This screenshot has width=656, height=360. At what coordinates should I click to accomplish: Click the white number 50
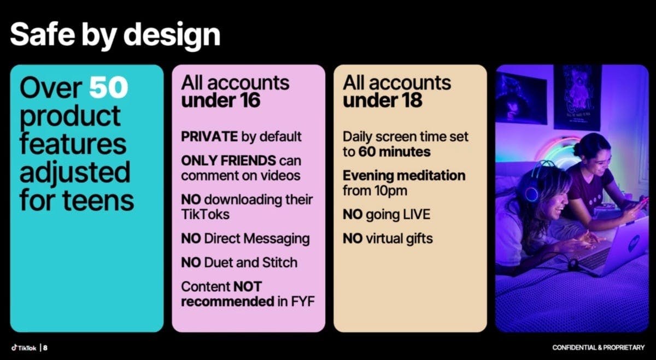(x=108, y=87)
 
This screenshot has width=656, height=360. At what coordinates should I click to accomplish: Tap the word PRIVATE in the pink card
(x=209, y=137)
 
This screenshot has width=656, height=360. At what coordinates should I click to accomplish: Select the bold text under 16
(x=220, y=100)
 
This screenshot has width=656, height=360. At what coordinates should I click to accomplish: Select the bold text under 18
(x=383, y=100)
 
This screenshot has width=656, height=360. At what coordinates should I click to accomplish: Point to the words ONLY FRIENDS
(x=229, y=161)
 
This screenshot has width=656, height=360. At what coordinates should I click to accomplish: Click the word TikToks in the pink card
(x=205, y=214)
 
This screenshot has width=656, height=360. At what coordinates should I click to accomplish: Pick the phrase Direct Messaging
(x=257, y=239)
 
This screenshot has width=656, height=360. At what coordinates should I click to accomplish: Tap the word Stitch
(x=280, y=262)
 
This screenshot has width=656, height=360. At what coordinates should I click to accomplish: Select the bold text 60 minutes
(x=395, y=152)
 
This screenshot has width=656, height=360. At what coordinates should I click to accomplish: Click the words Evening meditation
(x=404, y=175)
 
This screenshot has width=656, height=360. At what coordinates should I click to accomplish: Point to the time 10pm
(x=390, y=191)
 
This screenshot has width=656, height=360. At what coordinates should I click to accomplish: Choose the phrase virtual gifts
(x=399, y=239)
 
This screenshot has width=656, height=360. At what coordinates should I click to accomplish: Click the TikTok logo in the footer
(x=24, y=347)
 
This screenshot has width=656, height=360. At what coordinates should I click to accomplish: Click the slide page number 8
(x=45, y=347)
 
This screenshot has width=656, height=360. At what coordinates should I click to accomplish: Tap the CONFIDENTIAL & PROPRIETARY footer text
(x=598, y=347)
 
